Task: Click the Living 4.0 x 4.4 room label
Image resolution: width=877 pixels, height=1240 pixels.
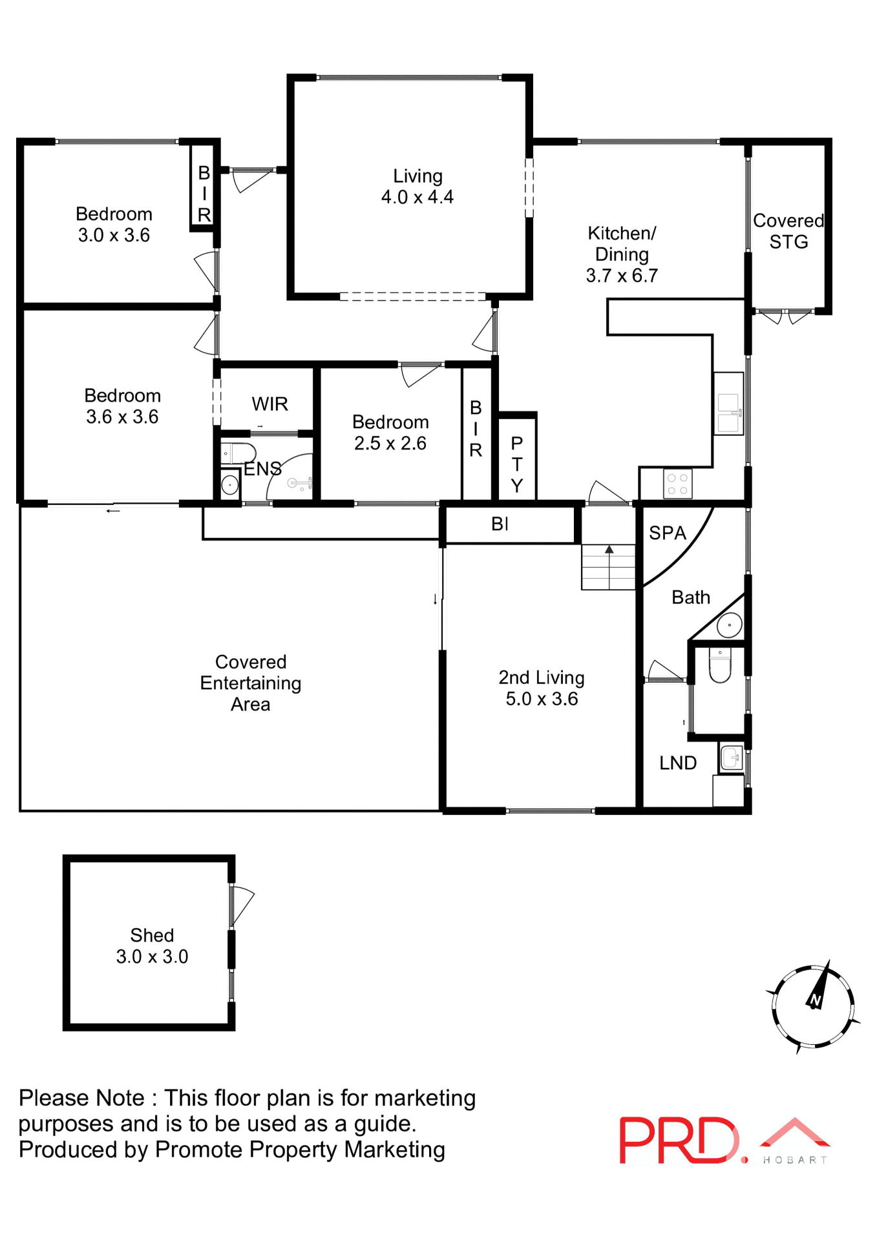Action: (417, 187)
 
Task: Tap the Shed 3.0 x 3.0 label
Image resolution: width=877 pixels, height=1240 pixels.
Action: (152, 945)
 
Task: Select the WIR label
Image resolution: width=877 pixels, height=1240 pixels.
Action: (269, 404)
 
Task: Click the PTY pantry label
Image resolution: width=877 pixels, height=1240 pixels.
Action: (516, 464)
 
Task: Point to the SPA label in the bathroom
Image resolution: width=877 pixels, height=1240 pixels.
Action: (667, 533)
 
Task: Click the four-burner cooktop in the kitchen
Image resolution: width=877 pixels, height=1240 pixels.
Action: (677, 484)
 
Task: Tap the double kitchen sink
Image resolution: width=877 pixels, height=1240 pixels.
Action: (728, 413)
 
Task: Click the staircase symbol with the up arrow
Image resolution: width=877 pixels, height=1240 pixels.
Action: (608, 566)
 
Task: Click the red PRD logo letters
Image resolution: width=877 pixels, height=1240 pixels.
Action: (678, 1141)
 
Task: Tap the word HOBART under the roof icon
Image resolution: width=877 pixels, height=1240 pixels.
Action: (795, 1160)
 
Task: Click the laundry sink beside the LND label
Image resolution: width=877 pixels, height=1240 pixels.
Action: (731, 758)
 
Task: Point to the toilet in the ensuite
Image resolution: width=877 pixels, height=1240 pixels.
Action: (237, 453)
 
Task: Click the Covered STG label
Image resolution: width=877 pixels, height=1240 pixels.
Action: (788, 231)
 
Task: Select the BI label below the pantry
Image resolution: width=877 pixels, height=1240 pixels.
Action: (500, 524)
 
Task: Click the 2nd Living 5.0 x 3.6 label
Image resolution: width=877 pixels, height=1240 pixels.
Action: (542, 688)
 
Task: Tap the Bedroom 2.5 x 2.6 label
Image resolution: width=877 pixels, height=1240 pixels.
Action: (390, 433)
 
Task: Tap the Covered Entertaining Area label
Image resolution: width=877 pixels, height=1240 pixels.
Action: (251, 683)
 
